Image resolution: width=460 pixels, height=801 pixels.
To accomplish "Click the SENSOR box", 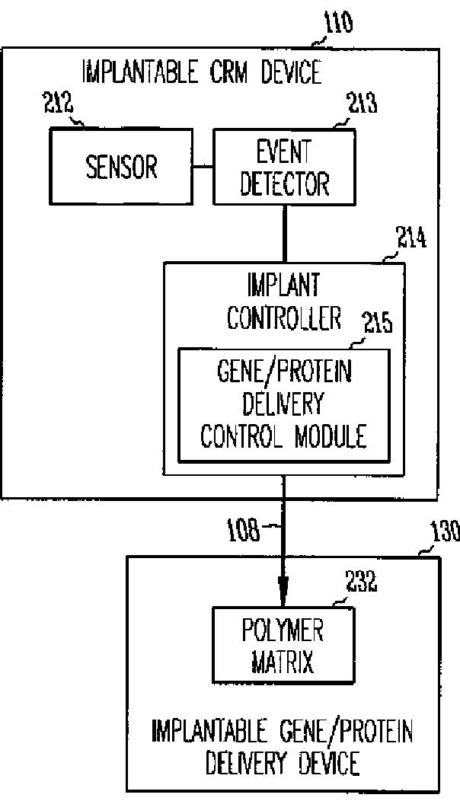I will (121, 166).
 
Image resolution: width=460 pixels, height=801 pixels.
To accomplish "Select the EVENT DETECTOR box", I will (283, 166).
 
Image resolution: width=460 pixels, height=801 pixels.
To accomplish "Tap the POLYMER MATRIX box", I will (283, 645).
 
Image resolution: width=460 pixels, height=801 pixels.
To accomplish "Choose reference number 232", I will (360, 586).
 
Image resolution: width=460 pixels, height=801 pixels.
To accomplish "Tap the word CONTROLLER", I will (283, 318).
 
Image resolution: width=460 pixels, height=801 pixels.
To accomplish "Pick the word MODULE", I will (327, 436).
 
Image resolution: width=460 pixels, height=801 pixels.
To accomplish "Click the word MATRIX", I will (283, 662).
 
